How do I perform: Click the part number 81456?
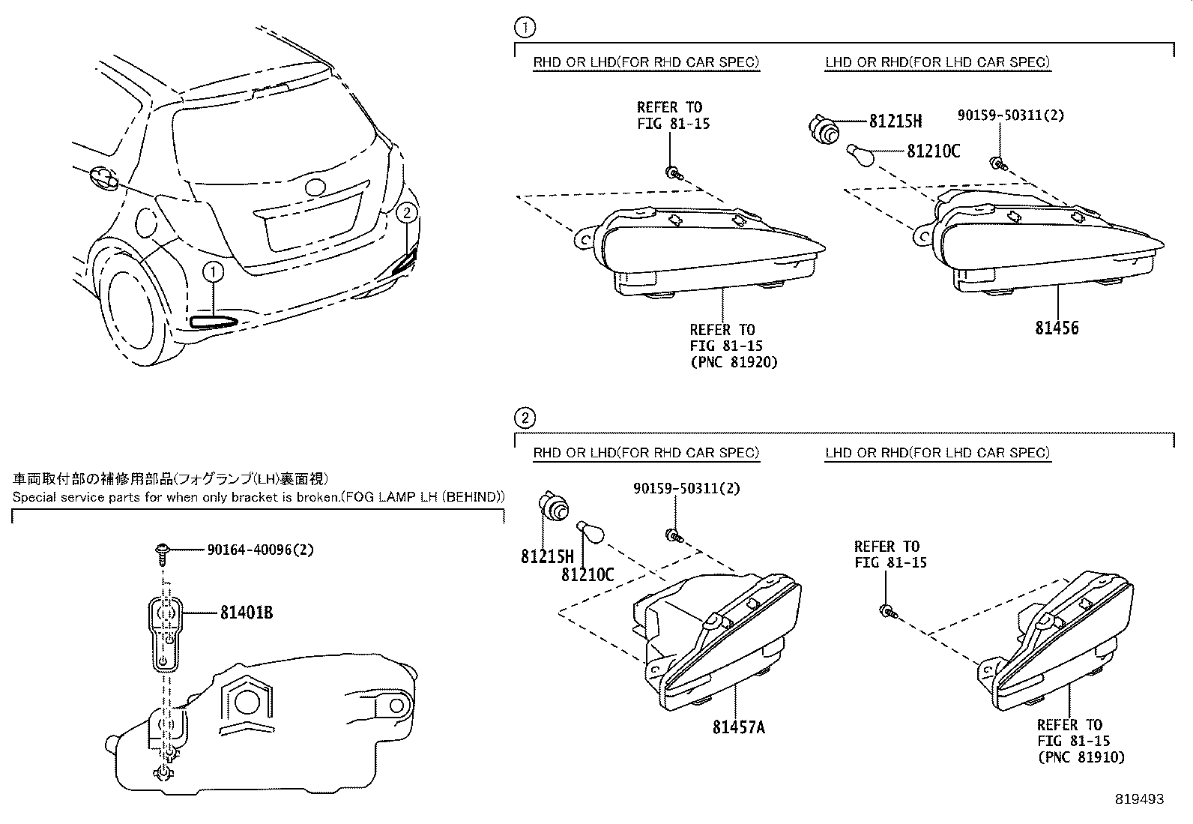[1057, 328]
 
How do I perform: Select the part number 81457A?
[739, 727]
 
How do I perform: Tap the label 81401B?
[247, 613]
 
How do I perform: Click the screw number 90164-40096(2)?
[260, 550]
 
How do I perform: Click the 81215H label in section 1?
[895, 121]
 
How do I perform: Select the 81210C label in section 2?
[588, 574]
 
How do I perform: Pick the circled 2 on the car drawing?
[407, 212]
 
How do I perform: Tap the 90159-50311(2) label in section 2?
[686, 488]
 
